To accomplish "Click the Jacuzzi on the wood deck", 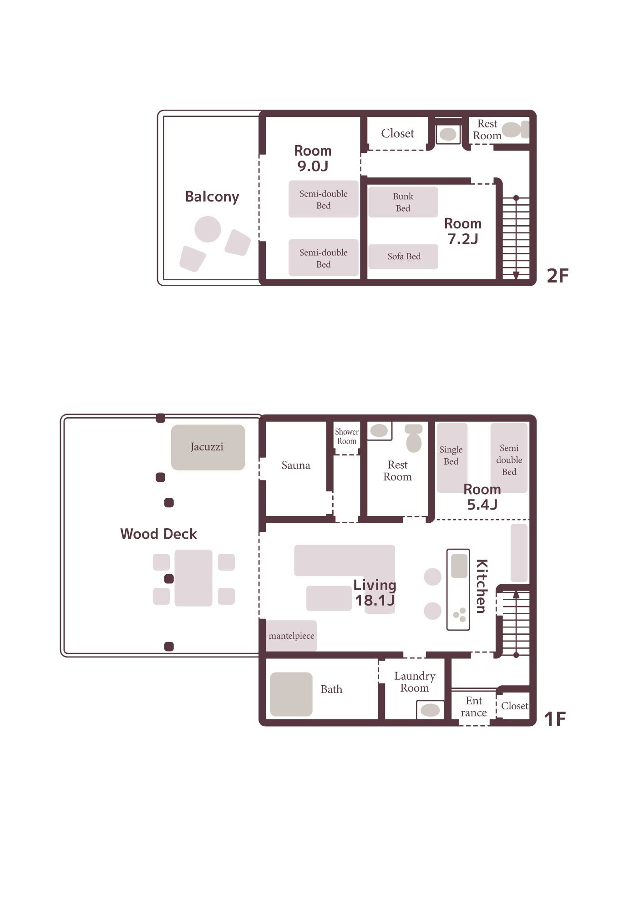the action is click(208, 447).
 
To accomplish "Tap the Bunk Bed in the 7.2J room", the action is click(403, 202).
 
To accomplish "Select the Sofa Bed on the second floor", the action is click(403, 257).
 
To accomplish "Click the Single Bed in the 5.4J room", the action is click(452, 458).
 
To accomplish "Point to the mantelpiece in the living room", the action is click(291, 636).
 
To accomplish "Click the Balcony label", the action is click(212, 197).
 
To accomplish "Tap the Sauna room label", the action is click(296, 465).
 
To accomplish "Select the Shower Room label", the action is click(347, 436).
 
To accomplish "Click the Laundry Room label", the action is click(415, 682).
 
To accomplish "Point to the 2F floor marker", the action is click(558, 276).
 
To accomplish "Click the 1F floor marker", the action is click(555, 719).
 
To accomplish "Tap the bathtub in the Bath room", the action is click(291, 694).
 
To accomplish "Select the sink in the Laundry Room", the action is click(430, 710).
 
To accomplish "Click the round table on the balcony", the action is click(208, 229).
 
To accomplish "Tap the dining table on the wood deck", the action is click(193, 578).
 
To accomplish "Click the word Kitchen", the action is click(482, 586).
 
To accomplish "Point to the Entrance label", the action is click(474, 707).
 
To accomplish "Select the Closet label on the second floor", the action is click(398, 133).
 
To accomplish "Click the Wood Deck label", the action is click(158, 534).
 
